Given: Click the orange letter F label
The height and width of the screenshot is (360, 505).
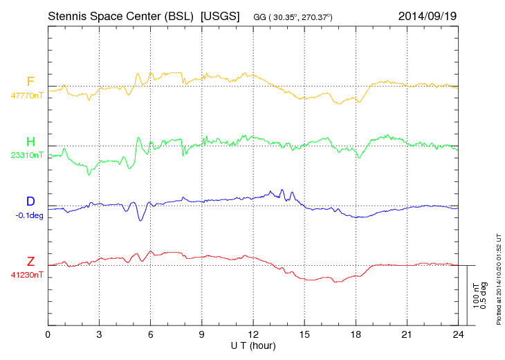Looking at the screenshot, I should point(30,82).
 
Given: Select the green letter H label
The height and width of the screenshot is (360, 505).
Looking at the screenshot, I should point(30,142).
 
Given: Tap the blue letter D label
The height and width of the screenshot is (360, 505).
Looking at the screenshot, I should point(30,201).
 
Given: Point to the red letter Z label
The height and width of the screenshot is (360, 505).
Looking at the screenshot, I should point(30,261).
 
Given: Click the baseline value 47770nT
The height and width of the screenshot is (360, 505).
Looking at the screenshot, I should point(26,96).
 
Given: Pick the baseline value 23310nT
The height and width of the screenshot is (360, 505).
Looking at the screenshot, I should point(26,155).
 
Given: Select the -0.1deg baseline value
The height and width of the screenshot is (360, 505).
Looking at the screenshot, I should point(28,215).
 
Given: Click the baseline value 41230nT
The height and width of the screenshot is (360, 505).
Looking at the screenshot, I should point(26,274).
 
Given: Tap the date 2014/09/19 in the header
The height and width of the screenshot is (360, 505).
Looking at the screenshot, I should point(428,15).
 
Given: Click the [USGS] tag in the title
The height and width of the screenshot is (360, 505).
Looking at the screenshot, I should point(220,15).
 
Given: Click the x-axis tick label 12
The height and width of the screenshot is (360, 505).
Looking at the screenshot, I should point(253,334).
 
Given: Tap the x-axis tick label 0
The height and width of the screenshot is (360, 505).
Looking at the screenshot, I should point(48,334).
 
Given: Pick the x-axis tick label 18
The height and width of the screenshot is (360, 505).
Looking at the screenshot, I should point(356,334).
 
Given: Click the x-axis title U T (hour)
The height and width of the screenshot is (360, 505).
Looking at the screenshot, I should point(253,344).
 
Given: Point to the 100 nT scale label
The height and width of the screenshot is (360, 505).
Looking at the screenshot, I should point(476,295).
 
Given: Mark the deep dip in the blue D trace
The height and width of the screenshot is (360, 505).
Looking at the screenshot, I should point(140,219).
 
